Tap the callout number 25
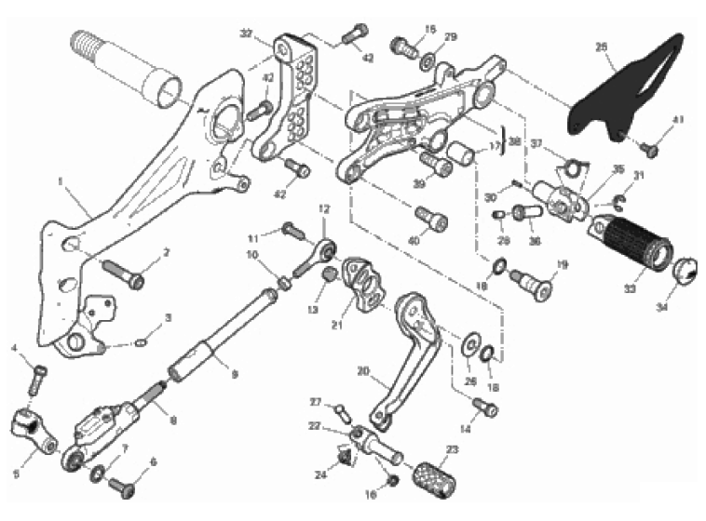601,46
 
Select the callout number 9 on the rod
235,375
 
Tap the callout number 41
678,118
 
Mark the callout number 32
246,33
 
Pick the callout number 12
324,209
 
